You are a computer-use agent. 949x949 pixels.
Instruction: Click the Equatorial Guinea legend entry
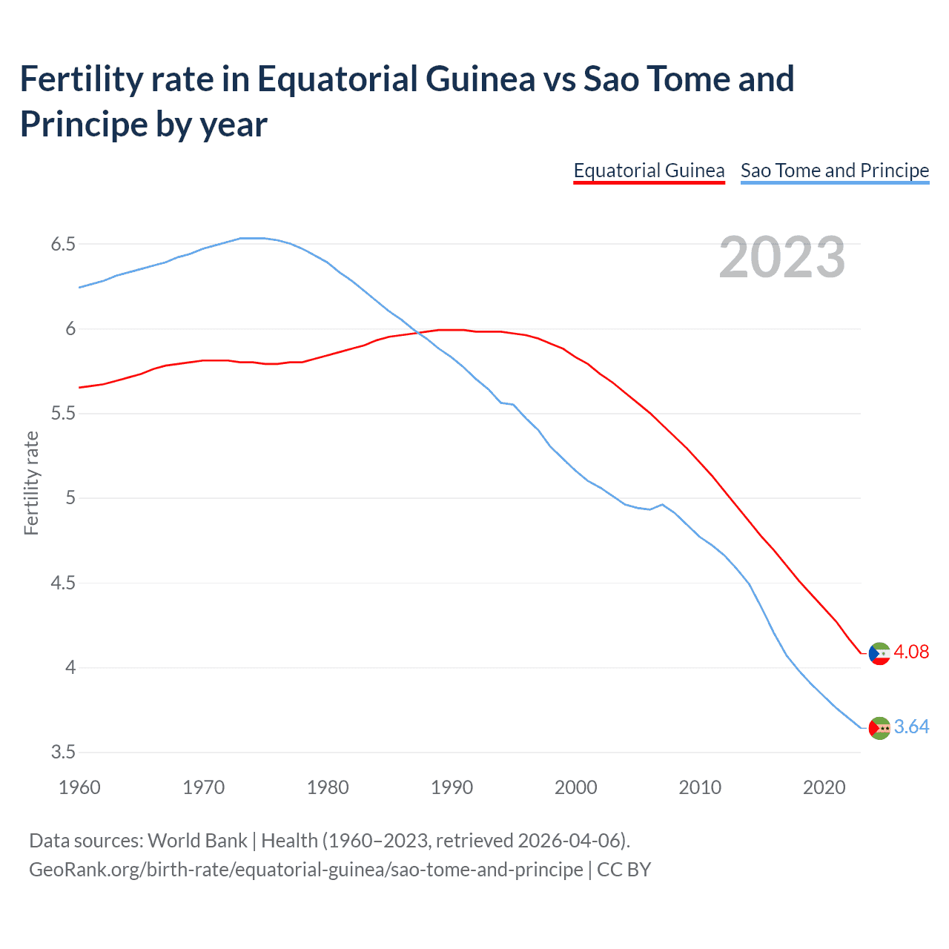649,171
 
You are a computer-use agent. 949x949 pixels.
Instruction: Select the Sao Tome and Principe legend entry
834,171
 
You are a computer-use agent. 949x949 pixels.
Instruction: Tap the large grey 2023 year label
782,257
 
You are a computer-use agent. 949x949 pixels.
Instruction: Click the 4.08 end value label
910,652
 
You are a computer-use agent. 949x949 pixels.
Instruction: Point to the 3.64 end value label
911,727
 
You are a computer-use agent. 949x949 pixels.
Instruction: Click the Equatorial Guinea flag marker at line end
879,654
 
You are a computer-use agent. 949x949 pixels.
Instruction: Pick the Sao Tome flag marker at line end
879,728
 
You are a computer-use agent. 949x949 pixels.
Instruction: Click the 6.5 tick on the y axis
63,244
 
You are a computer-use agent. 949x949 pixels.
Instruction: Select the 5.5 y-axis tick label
63,413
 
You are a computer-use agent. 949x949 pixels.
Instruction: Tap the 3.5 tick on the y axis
63,752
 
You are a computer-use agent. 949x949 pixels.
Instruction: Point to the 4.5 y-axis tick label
63,583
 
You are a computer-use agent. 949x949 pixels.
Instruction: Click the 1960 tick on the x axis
79,787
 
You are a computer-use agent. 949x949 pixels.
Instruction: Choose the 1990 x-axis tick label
452,787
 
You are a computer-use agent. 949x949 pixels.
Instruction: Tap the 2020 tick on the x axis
824,787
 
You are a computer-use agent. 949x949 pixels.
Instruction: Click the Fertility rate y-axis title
31,483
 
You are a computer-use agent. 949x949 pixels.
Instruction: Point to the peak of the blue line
252,238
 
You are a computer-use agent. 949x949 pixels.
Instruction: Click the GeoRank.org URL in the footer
305,869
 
